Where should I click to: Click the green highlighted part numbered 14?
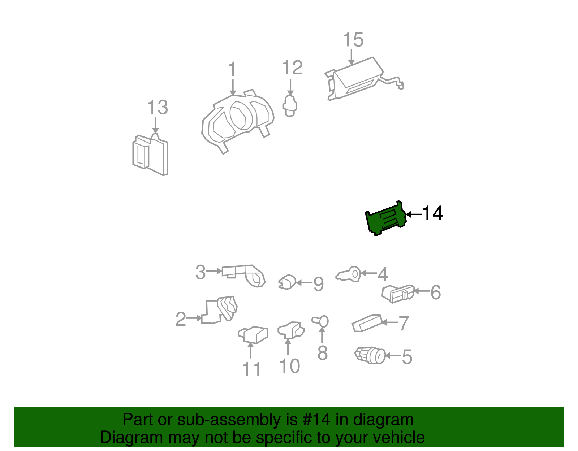[386, 219]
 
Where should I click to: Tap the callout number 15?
[353, 40]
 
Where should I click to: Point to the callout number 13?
[158, 107]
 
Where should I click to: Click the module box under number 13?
[150, 155]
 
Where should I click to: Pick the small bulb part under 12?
[290, 106]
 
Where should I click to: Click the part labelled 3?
[243, 276]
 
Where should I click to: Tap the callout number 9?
[318, 284]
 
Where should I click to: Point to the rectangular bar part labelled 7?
[367, 323]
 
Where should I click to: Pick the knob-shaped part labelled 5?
[370, 355]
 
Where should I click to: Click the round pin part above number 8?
[320, 322]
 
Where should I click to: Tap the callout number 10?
[290, 366]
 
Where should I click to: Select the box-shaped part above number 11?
[253, 335]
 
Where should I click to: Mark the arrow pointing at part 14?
[414, 214]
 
